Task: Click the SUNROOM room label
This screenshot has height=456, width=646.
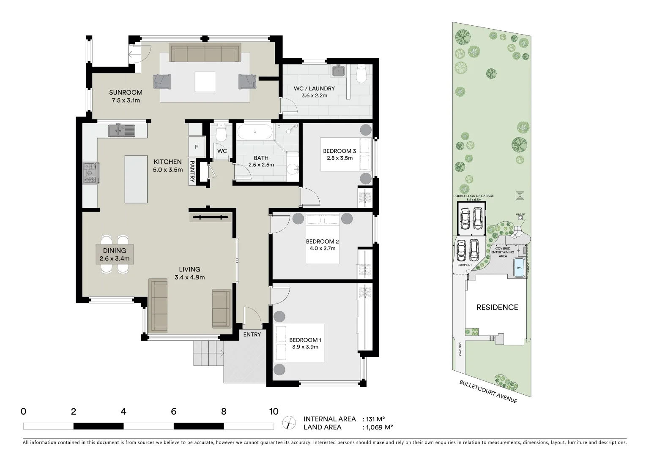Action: coord(126,92)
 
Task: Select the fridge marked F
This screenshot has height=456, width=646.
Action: coord(196,147)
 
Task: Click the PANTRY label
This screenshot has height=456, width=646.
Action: coord(192,172)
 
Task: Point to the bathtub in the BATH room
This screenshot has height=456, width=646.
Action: coord(255,132)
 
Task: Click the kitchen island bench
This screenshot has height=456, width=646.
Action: coord(136,179)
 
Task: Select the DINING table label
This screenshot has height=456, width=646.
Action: coord(114,251)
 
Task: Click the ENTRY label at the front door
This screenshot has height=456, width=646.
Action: coord(252,334)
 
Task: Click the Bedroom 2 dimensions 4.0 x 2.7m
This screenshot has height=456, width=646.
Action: coord(323,248)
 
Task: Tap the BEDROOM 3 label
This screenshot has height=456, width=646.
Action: coord(339,151)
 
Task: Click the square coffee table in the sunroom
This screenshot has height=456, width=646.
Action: coord(205,81)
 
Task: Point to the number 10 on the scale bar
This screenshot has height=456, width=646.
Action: coord(274,411)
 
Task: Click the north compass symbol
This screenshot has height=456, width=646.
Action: coord(289,423)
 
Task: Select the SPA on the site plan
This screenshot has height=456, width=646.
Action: coord(518,268)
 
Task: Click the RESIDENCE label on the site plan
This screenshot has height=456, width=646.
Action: coord(497,307)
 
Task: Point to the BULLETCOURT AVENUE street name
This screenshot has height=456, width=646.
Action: coord(488,391)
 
